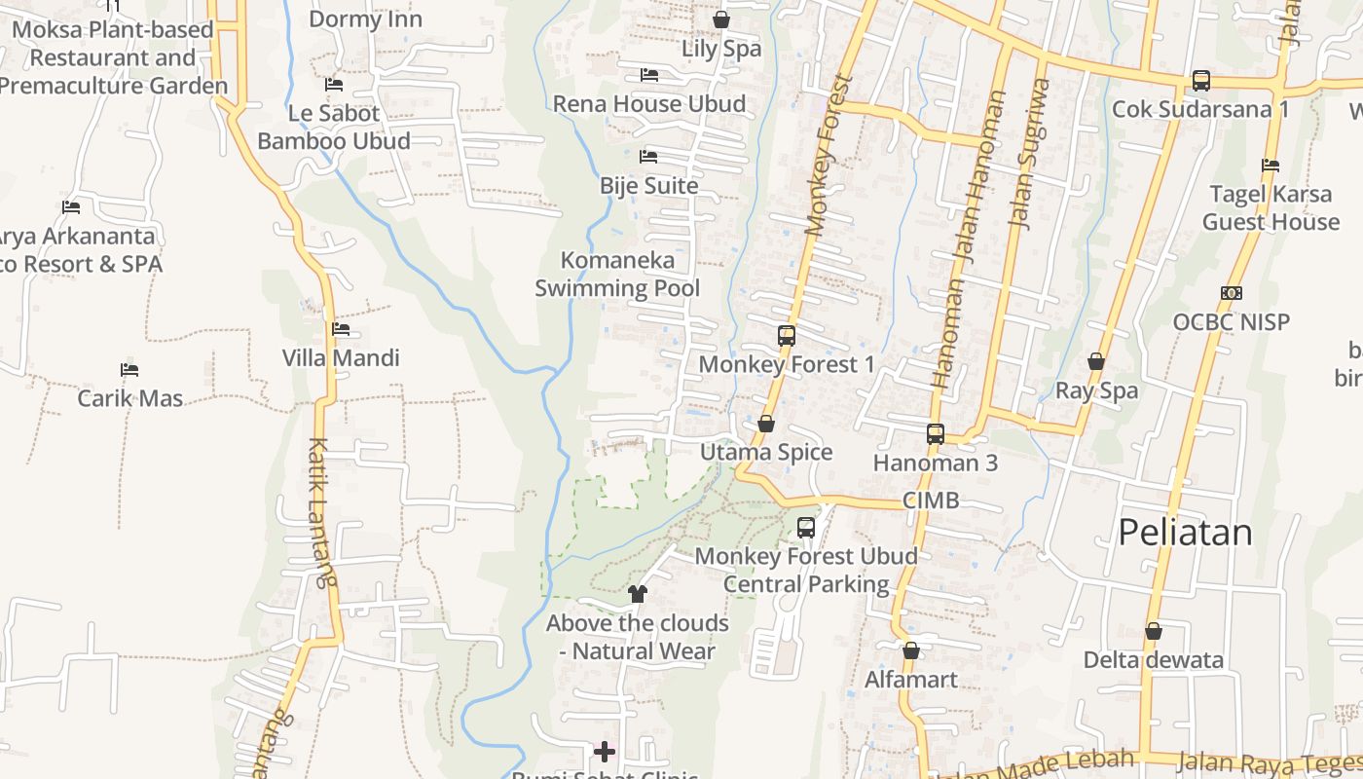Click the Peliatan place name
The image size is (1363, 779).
(1185, 532)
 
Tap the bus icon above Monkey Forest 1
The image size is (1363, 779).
(787, 336)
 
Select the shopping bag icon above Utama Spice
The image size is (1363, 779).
(766, 424)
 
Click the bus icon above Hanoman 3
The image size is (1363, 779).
(936, 434)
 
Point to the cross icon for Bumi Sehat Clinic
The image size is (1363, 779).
(605, 752)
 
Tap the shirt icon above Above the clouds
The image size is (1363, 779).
(638, 593)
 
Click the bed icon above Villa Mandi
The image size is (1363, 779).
(341, 329)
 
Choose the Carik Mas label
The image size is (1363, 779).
(130, 398)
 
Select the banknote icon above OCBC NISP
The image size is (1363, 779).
(1232, 293)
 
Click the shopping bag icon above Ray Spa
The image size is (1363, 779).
(1096, 362)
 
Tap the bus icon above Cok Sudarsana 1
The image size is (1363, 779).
(1201, 81)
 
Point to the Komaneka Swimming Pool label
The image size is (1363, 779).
(617, 275)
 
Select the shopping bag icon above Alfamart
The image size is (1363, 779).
(911, 650)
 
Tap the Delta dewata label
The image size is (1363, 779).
(1154, 660)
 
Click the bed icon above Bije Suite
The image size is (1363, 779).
(648, 157)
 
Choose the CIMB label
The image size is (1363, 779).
(931, 501)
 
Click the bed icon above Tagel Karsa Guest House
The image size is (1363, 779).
(1271, 166)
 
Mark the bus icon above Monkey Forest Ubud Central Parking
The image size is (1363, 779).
(806, 528)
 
